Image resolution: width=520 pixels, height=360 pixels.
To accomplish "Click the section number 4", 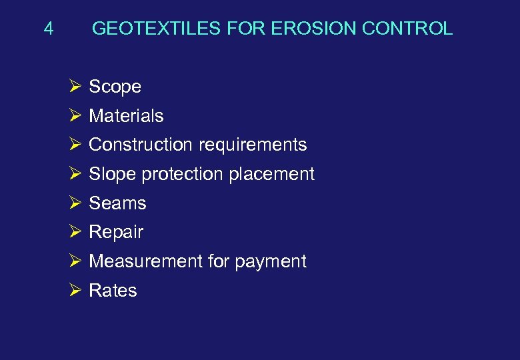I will tap(48, 29).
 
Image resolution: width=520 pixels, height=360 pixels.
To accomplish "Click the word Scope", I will tap(115, 87).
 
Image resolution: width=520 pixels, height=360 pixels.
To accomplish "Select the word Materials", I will tap(126, 116).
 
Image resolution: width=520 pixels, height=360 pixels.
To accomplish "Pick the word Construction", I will tap(140, 145).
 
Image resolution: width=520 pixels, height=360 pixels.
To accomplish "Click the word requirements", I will tap(252, 145).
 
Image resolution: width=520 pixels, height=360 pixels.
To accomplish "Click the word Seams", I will tap(117, 203).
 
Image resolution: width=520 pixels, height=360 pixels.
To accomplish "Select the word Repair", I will tap(116, 233).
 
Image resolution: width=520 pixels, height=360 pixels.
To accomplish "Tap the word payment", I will tap(270, 262).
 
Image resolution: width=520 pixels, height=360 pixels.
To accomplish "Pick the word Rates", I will tap(113, 291).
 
